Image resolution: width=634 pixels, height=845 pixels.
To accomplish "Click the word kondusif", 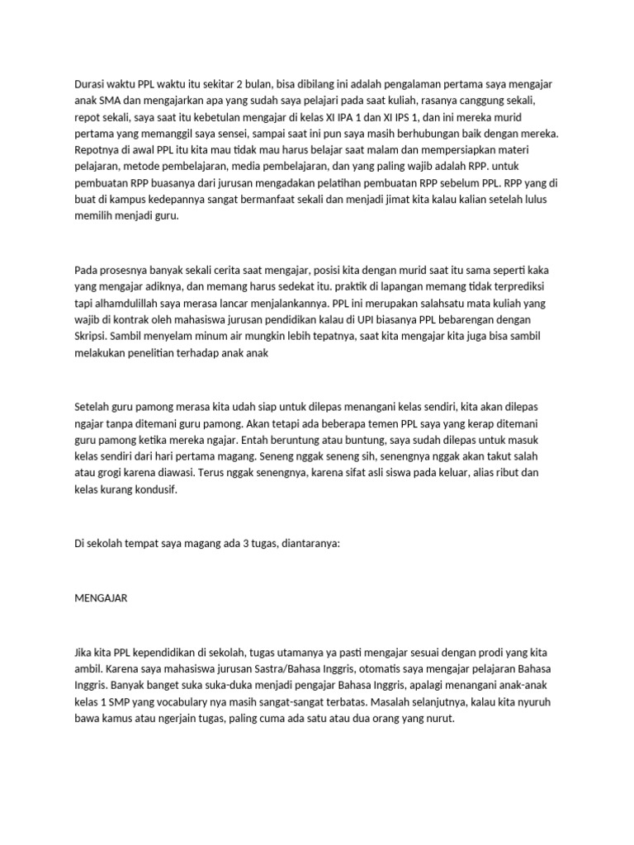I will click(x=154, y=490).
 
